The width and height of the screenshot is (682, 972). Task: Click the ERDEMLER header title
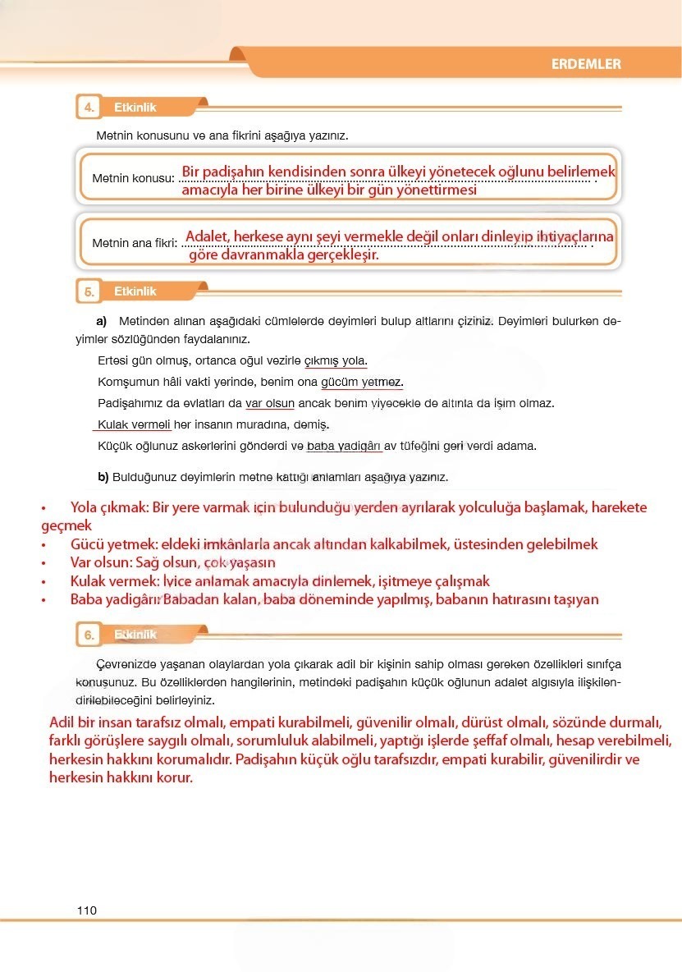pyautogui.click(x=586, y=64)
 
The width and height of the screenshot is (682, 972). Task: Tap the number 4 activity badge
pyautogui.click(x=88, y=108)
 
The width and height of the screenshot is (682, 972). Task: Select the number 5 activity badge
pyautogui.click(x=88, y=291)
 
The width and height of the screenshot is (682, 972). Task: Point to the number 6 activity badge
pyautogui.click(x=88, y=635)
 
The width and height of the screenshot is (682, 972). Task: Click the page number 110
pyautogui.click(x=87, y=910)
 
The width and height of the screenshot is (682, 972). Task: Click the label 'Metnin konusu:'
pyautogui.click(x=133, y=178)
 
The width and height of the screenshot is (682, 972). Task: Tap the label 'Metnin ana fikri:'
pyautogui.click(x=135, y=243)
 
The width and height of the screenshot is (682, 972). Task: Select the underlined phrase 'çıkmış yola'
pyautogui.click(x=336, y=361)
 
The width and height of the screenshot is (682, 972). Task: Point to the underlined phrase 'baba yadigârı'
pyautogui.click(x=344, y=447)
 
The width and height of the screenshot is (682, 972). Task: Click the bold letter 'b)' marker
pyautogui.click(x=103, y=477)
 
